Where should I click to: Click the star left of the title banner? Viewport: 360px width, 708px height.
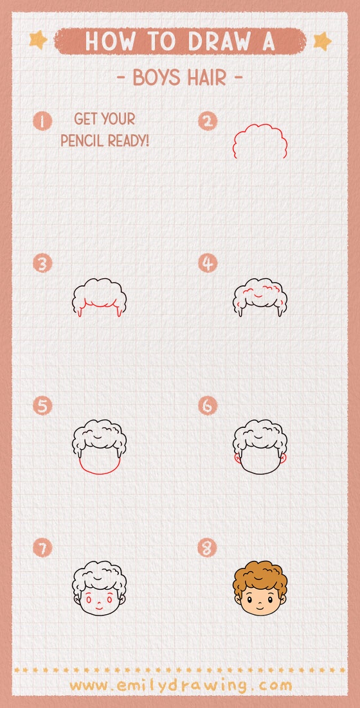(39, 40)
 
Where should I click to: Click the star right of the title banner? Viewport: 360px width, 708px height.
(321, 41)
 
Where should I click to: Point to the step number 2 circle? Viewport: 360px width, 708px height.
(208, 121)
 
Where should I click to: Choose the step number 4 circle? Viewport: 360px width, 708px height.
(208, 263)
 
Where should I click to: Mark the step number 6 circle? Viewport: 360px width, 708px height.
(208, 406)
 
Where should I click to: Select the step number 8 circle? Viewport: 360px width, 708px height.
(208, 548)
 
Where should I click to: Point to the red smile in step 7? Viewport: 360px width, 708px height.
(99, 606)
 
